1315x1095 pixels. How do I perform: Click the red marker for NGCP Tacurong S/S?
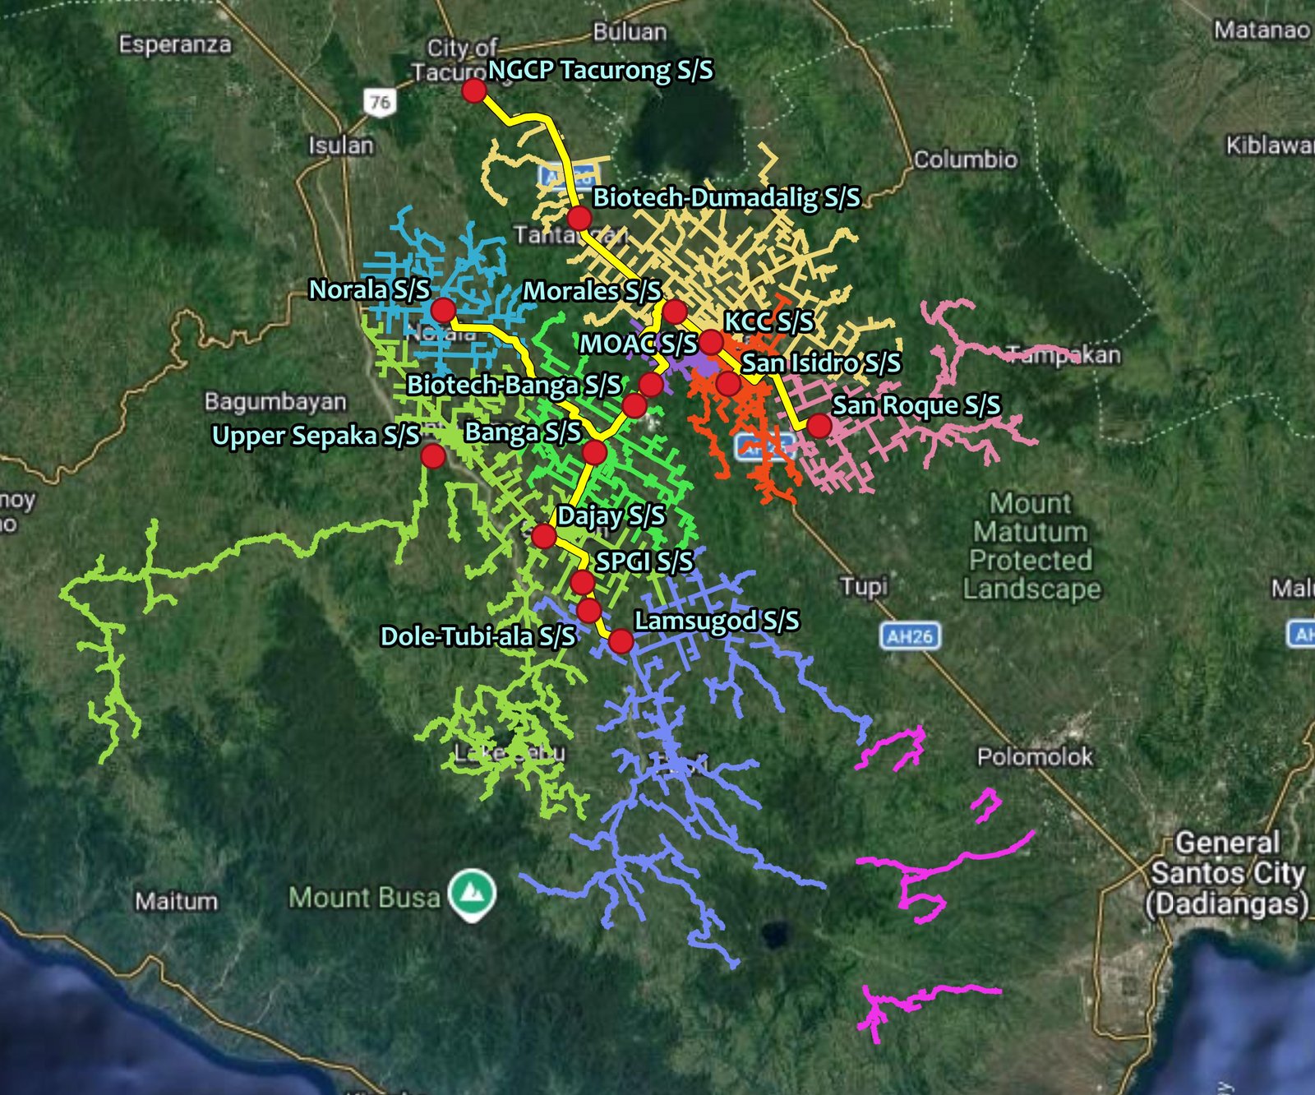[474, 90]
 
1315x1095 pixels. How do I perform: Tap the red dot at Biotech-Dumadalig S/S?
[579, 219]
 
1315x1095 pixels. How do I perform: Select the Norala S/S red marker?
[443, 310]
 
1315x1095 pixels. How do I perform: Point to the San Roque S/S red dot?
[819, 425]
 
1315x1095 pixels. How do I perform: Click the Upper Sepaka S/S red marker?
[433, 455]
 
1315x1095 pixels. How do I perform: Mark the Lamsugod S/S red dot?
[621, 640]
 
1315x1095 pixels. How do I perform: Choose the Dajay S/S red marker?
[543, 536]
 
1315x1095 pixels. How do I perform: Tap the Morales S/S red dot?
[675, 312]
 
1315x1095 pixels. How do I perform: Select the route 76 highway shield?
[379, 102]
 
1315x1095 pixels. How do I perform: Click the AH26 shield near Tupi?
[910, 635]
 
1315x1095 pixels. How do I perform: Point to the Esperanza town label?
[175, 44]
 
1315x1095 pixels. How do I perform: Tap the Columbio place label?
[965, 159]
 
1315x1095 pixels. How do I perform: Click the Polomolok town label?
[1035, 757]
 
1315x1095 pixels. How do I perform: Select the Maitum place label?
[177, 902]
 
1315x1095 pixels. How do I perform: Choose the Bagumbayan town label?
[275, 402]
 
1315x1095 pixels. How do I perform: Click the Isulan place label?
[341, 146]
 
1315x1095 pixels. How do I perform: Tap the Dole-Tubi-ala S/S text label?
[478, 636]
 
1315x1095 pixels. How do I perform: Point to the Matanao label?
[1262, 30]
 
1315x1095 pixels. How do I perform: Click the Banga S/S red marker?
[594, 452]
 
